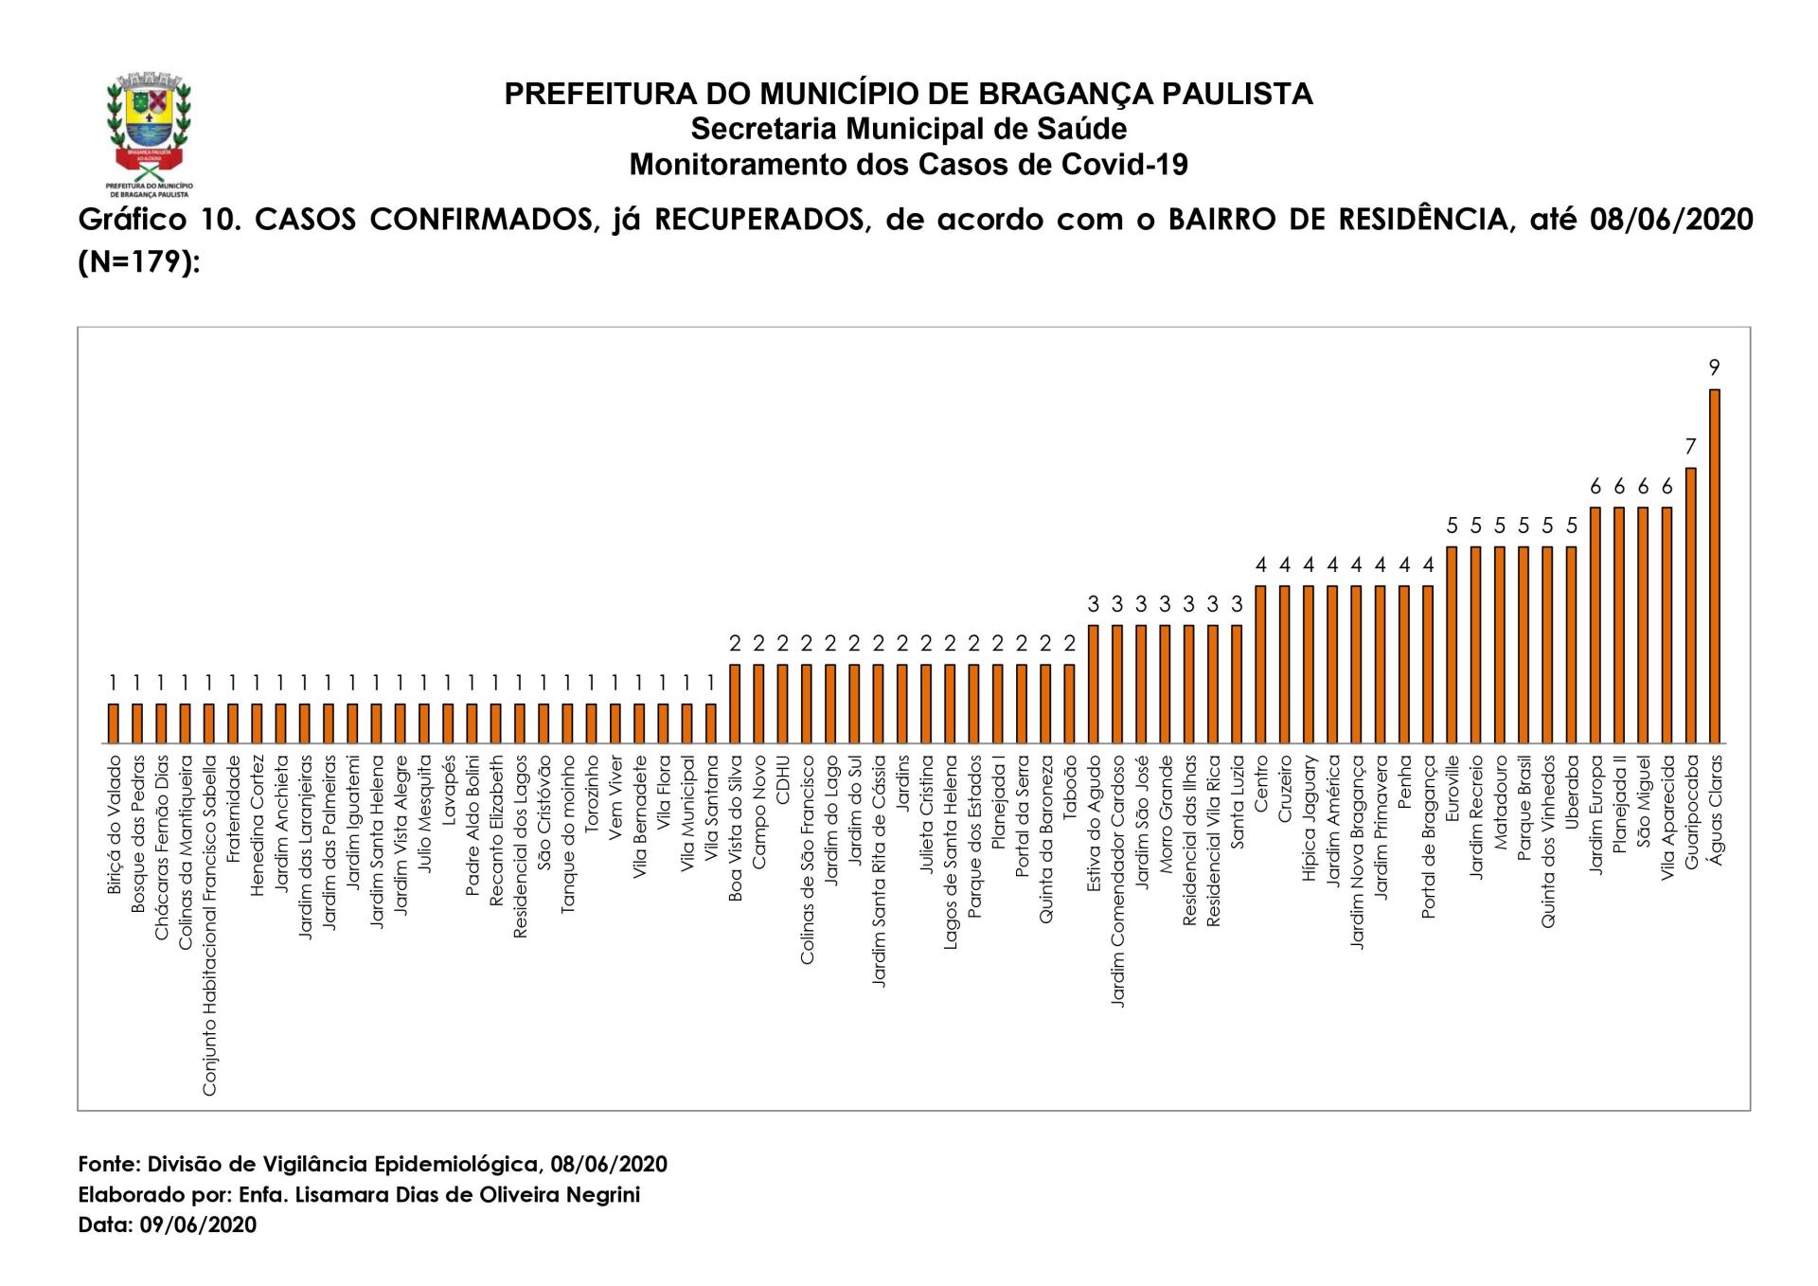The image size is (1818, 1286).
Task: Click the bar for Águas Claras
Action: point(1714,565)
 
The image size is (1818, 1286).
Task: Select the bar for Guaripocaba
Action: point(1690,605)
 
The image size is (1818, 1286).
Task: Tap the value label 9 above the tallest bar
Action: point(1714,367)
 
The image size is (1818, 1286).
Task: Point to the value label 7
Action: point(1690,446)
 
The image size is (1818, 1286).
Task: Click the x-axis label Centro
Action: point(1261,783)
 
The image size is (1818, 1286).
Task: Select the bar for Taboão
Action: point(1069,704)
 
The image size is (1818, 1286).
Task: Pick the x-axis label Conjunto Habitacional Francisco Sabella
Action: point(209,925)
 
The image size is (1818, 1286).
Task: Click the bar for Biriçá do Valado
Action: point(114,723)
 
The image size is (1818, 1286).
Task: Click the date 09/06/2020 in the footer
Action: point(198,1224)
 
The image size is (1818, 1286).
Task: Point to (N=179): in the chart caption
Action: point(139,261)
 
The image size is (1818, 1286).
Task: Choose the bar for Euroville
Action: point(1452,645)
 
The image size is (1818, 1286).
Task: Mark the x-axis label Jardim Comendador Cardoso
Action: point(1117,881)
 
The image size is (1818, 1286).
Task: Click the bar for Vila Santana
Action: point(710,723)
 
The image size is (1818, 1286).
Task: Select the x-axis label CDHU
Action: point(783,779)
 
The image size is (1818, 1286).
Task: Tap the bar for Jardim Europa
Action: point(1595,625)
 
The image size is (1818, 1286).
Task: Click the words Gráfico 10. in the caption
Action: point(157,220)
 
